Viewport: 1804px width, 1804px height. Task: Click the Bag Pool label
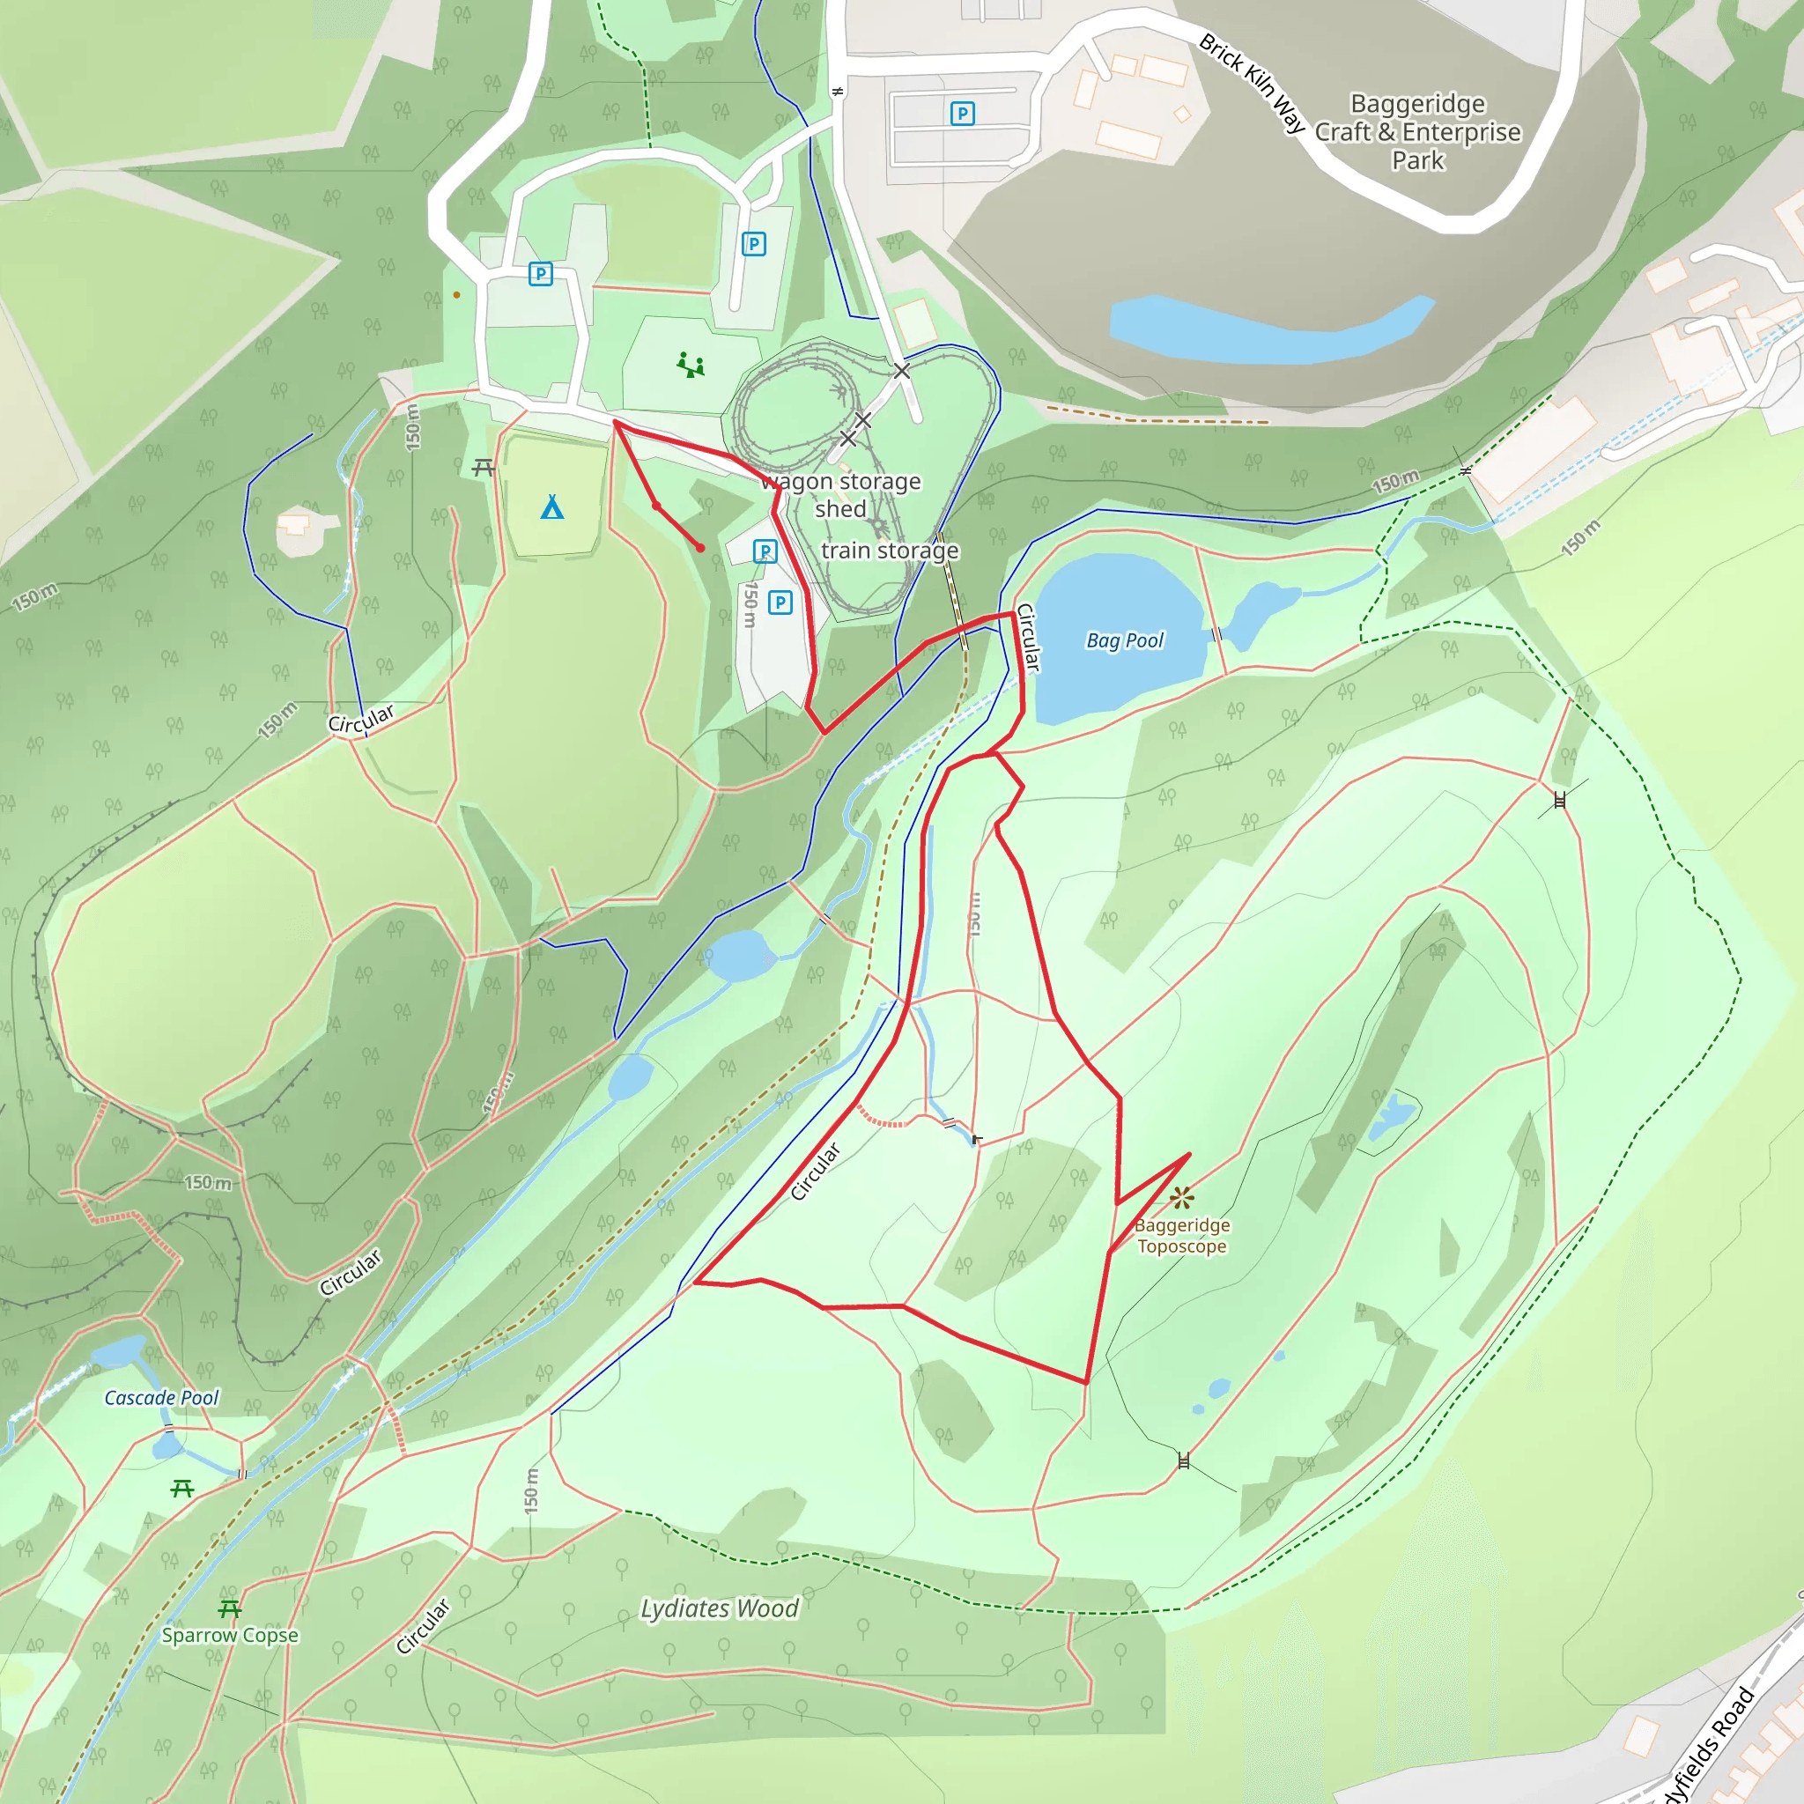1124,640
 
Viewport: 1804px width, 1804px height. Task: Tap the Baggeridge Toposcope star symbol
1182,1197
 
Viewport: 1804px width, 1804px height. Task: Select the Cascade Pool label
160,1398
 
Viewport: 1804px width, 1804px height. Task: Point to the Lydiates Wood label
719,1608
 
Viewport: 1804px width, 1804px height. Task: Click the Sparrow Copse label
230,1635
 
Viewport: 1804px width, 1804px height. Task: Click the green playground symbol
691,365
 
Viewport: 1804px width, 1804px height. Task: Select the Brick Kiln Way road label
1251,82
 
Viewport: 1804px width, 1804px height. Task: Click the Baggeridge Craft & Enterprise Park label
1417,131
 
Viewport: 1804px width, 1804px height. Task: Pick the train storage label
889,551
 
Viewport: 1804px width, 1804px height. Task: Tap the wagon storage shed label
840,495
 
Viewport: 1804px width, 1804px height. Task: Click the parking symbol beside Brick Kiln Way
962,113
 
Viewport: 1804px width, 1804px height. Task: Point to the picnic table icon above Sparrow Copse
230,1608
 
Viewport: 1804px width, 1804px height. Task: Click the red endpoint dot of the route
700,548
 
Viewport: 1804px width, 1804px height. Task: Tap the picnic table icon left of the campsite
483,467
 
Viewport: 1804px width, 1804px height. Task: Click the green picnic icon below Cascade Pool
182,1489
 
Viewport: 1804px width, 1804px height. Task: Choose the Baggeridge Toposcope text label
1182,1235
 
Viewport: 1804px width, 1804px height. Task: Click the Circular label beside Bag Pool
1027,637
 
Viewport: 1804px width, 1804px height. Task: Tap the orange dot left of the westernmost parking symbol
456,295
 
